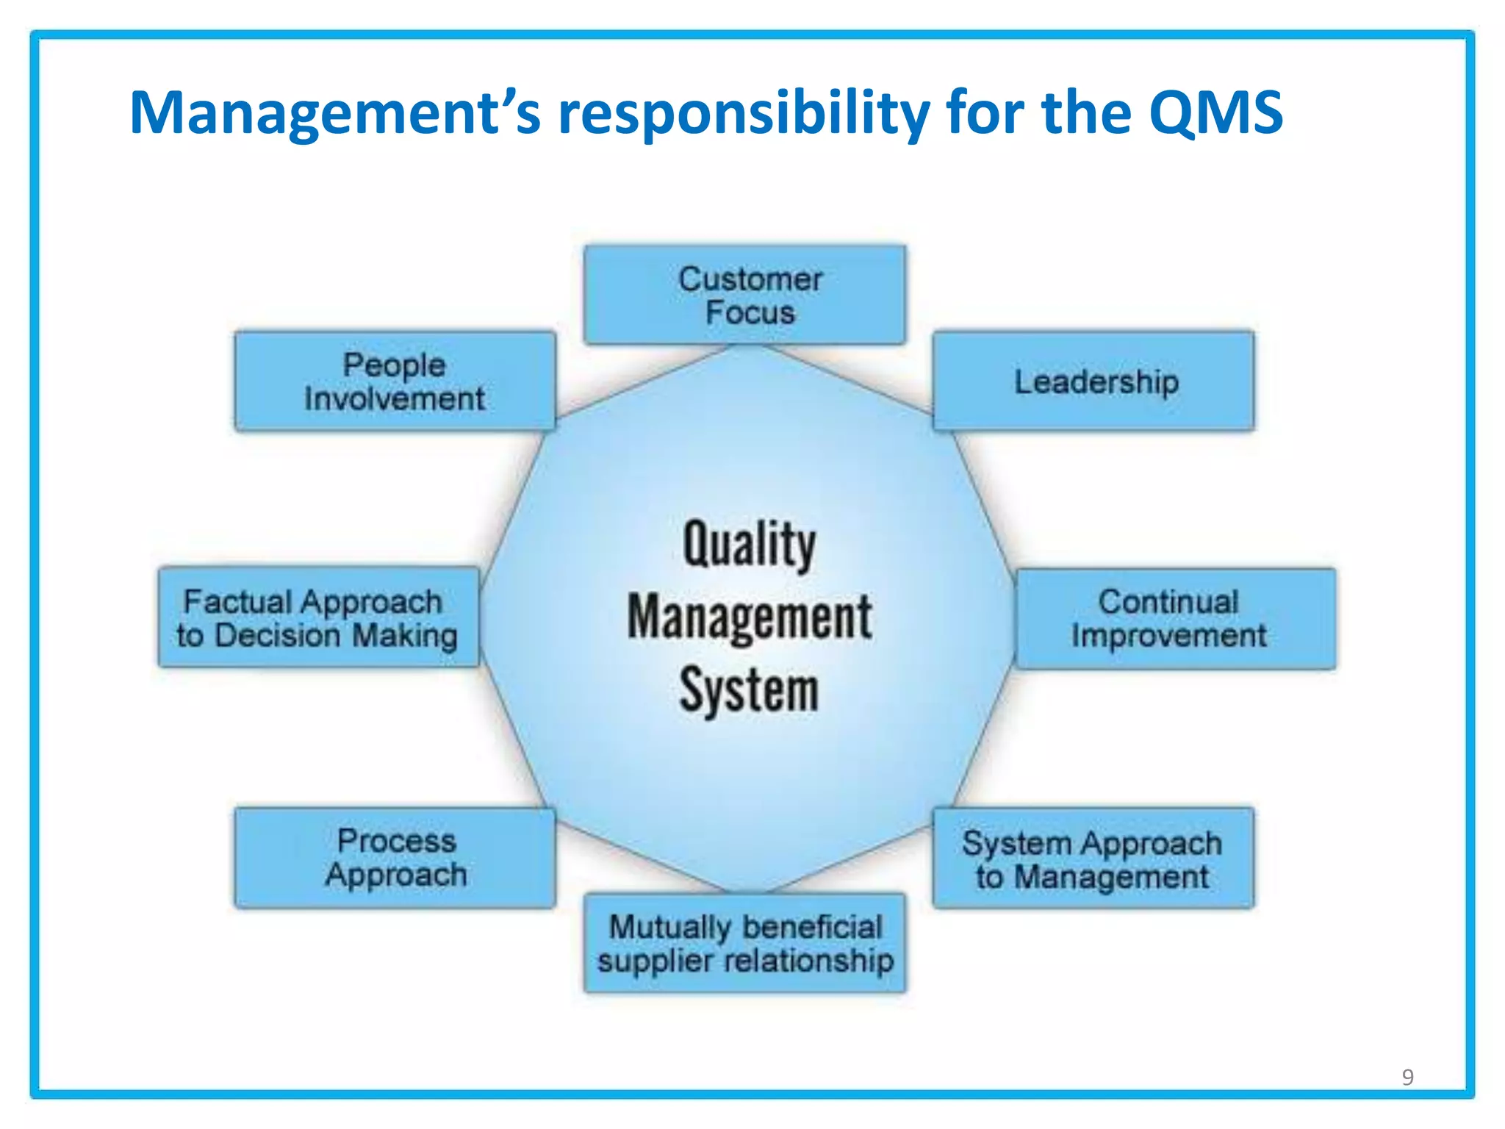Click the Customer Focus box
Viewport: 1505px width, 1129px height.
click(744, 295)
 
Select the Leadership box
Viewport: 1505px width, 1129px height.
click(1093, 381)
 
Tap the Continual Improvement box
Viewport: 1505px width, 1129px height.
click(1175, 618)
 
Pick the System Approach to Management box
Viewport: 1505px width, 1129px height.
click(1093, 858)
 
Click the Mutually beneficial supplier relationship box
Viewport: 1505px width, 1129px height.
click(744, 943)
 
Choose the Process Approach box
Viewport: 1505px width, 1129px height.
click(395, 858)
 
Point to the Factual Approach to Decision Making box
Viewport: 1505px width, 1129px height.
click(318, 617)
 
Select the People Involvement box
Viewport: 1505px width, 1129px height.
click(395, 381)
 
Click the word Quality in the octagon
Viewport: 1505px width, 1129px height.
click(749, 545)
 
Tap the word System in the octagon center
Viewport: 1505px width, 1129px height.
click(749, 690)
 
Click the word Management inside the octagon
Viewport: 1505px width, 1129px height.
click(749, 617)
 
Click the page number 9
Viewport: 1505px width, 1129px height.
click(1407, 1077)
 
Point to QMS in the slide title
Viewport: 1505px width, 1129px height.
click(1215, 112)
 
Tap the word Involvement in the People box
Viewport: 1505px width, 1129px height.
click(395, 399)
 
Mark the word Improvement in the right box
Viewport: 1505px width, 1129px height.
click(1168, 636)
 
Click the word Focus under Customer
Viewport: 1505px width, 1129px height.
click(750, 313)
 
